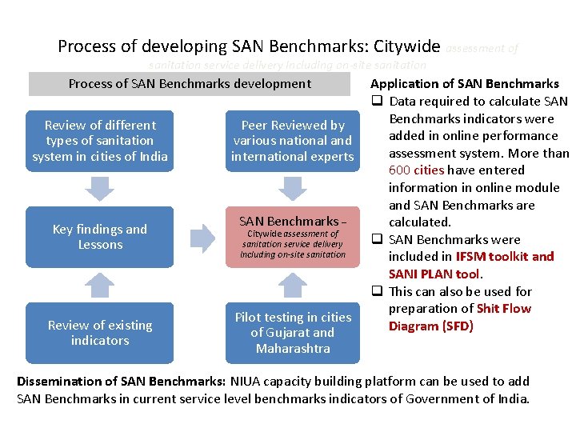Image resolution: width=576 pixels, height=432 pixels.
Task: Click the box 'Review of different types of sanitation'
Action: pyautogui.click(x=100, y=141)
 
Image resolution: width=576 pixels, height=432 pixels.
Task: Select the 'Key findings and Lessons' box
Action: pyautogui.click(x=100, y=237)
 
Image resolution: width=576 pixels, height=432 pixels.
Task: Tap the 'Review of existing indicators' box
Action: pyautogui.click(x=100, y=333)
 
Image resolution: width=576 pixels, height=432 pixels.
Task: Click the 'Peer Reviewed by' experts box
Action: pyautogui.click(x=292, y=141)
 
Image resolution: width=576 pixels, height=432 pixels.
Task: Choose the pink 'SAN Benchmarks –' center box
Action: pyautogui.click(x=292, y=237)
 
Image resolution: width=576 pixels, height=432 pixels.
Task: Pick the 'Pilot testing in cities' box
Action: pyautogui.click(x=292, y=333)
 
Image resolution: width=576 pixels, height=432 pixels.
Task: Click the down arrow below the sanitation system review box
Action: pyautogui.click(x=100, y=188)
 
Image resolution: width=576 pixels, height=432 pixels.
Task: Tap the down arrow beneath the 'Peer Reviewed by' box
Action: pyautogui.click(x=292, y=188)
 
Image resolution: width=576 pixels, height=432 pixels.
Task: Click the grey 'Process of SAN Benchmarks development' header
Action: pyautogui.click(x=190, y=84)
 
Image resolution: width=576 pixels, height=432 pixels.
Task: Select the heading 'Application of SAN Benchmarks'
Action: pyautogui.click(x=465, y=84)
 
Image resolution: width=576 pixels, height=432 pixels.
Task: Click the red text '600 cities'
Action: pyautogui.click(x=416, y=170)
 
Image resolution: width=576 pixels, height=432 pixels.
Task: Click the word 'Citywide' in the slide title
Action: pyautogui.click(x=402, y=47)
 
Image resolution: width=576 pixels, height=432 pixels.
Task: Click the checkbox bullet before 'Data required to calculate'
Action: pyautogui.click(x=374, y=102)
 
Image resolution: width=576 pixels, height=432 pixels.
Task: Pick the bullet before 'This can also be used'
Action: pyautogui.click(x=374, y=292)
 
